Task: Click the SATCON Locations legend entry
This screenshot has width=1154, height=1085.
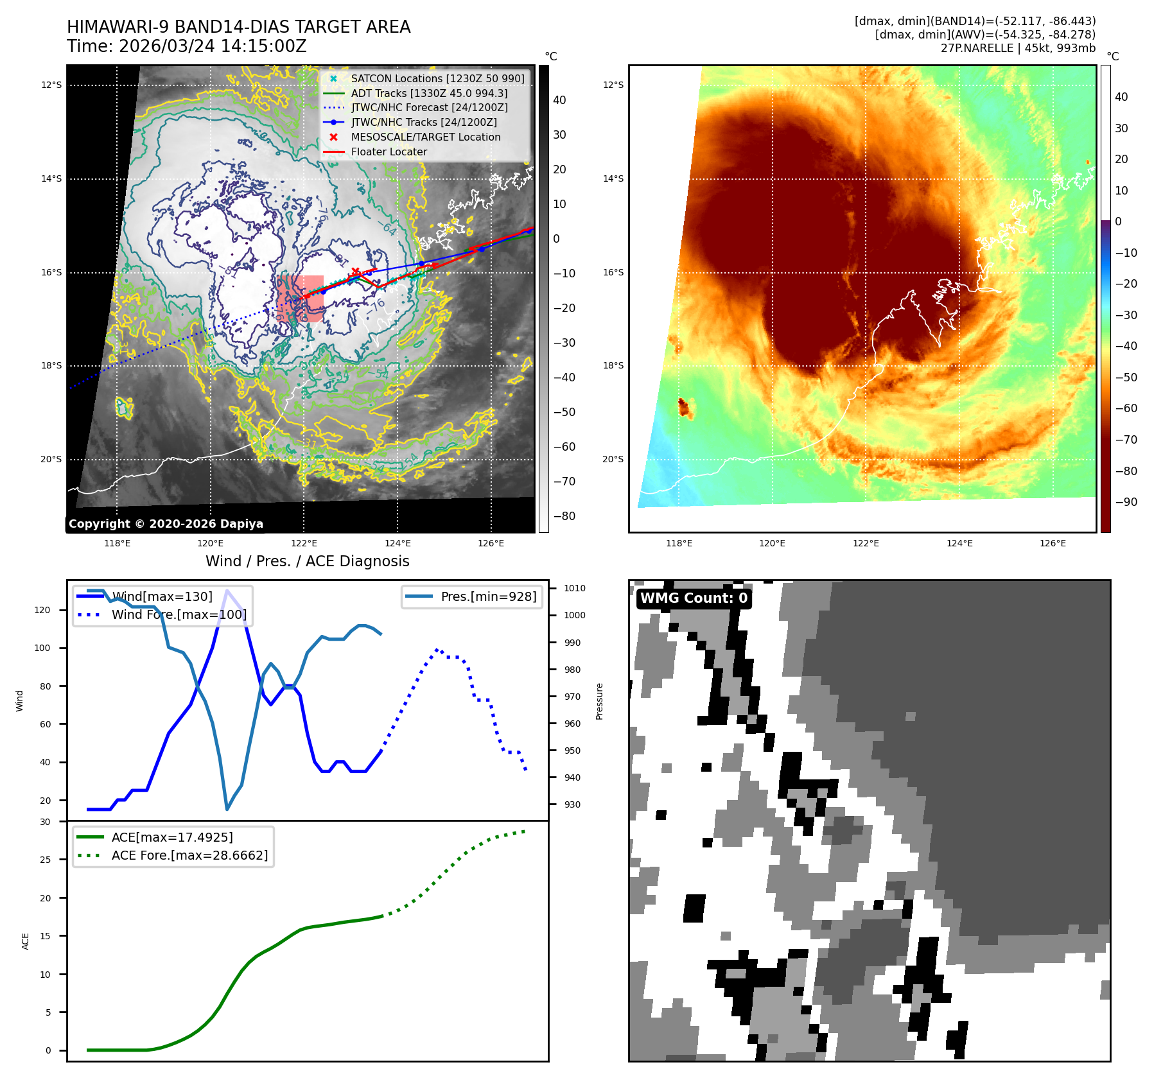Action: point(437,78)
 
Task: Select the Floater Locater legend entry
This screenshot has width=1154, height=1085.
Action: point(389,152)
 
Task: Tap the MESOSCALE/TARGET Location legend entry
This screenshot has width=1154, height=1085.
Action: point(425,137)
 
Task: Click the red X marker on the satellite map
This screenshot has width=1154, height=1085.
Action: point(355,272)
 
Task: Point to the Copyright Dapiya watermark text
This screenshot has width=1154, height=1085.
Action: point(166,524)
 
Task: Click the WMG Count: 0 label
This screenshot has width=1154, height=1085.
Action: point(694,598)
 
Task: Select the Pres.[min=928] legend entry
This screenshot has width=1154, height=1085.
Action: point(488,596)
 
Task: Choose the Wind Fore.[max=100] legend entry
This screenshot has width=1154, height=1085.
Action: point(179,614)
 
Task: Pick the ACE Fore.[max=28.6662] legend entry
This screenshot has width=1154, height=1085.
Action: point(189,855)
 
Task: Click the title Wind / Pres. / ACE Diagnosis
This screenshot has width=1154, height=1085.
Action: point(307,561)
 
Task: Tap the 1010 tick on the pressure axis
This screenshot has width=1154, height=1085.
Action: point(574,588)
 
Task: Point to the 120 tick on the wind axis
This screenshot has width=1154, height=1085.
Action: point(42,610)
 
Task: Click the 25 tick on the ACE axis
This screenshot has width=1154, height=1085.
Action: point(45,860)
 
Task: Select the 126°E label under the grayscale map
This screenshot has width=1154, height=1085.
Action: point(491,543)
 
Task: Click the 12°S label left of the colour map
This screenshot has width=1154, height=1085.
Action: point(613,85)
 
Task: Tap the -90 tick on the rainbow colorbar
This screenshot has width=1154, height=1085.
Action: point(1126,502)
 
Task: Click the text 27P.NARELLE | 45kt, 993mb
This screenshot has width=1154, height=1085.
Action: point(1018,48)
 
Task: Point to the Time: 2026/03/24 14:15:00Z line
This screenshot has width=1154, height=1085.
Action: point(186,46)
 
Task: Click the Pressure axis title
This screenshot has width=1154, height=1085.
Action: point(599,701)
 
